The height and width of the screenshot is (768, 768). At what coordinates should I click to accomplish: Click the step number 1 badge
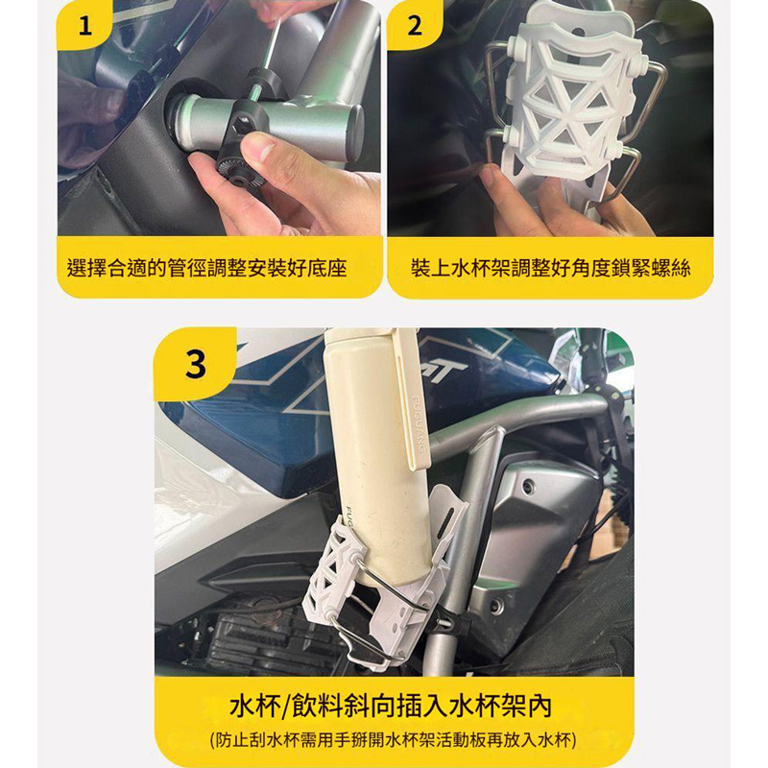84,25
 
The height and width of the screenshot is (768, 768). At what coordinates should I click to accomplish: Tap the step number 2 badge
415,25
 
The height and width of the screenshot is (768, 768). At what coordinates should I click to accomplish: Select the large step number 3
196,365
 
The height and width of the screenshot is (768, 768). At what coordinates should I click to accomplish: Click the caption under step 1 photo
206,268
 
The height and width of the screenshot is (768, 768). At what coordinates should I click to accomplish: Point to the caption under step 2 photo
550,268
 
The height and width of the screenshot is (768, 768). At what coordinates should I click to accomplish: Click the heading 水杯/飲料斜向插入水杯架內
391,706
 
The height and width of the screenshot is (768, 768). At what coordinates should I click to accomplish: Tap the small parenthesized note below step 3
393,739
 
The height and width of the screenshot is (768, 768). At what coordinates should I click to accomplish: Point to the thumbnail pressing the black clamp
260,147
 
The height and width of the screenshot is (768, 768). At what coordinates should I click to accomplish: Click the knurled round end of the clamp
239,173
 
